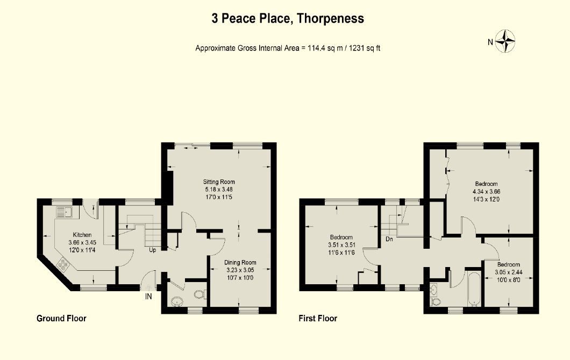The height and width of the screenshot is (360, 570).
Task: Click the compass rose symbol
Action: click(x=505, y=41)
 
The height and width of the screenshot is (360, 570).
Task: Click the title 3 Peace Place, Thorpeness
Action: click(x=287, y=19)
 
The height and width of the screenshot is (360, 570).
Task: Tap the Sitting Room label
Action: click(x=219, y=182)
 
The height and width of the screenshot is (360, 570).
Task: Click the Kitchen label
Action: click(x=82, y=235)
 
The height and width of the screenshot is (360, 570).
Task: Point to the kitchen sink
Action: click(x=66, y=212)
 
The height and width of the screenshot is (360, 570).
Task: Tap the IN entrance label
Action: click(x=148, y=296)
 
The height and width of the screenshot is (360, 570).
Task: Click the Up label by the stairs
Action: click(x=152, y=250)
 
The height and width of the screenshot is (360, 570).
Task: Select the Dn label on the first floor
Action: click(x=389, y=240)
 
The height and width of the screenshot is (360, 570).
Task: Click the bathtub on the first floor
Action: click(x=474, y=289)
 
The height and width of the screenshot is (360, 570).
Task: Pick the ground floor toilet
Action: click(x=199, y=294)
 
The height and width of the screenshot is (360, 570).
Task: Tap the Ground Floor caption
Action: click(x=61, y=319)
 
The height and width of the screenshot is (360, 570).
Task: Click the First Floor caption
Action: click(x=318, y=319)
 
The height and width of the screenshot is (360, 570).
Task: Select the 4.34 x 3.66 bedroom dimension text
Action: click(x=486, y=191)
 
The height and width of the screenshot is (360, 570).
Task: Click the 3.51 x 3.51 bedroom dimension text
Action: click(x=341, y=245)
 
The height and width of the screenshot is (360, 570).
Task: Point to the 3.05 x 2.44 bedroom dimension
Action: click(x=508, y=272)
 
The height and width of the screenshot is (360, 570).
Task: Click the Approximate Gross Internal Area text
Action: click(x=288, y=48)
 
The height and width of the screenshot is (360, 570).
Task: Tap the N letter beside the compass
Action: click(x=490, y=42)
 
